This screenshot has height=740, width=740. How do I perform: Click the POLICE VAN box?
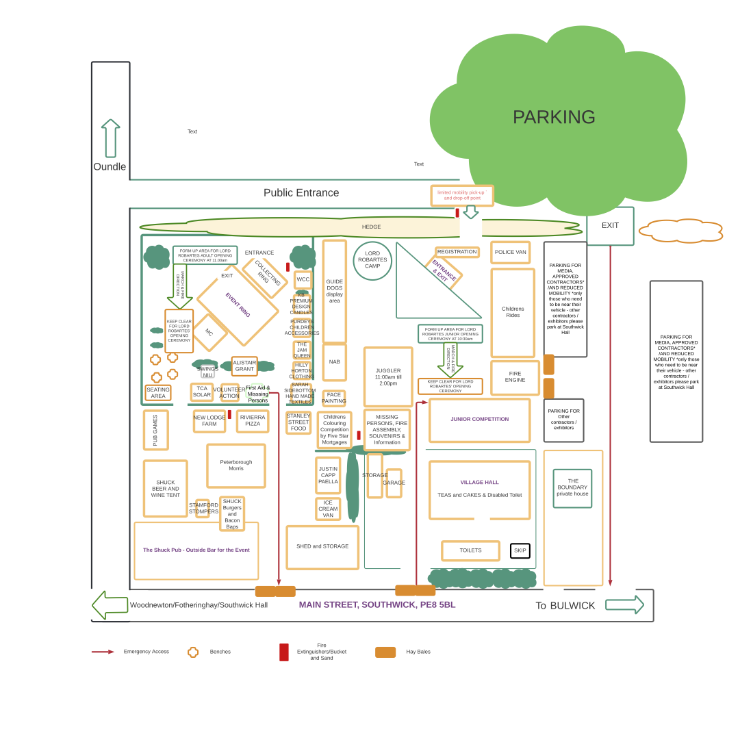click(x=510, y=252)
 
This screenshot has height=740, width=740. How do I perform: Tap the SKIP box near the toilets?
click(x=520, y=550)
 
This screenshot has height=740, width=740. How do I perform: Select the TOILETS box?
click(x=470, y=550)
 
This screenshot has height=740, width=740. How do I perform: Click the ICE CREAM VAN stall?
click(x=328, y=509)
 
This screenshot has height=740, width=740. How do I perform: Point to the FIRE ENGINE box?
click(x=515, y=377)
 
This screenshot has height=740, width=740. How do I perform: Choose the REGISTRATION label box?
click(x=457, y=252)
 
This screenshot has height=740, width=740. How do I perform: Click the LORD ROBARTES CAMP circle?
click(x=372, y=260)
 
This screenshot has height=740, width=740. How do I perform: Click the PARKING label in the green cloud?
click(x=554, y=117)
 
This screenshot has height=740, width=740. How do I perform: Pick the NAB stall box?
click(x=334, y=362)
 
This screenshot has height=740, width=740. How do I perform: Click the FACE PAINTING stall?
click(x=334, y=398)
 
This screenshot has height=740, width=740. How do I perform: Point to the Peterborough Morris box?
click(x=236, y=465)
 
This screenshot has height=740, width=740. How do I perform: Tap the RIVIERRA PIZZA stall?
click(x=253, y=421)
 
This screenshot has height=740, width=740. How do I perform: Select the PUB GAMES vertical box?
click(x=155, y=430)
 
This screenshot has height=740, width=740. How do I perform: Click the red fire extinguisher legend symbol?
click(x=283, y=652)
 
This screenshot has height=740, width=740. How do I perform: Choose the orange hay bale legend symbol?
click(x=385, y=652)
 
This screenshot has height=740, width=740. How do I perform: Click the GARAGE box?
click(x=394, y=483)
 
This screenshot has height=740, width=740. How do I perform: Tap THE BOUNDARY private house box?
click(x=572, y=488)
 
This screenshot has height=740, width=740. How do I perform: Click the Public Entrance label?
click(x=301, y=193)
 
